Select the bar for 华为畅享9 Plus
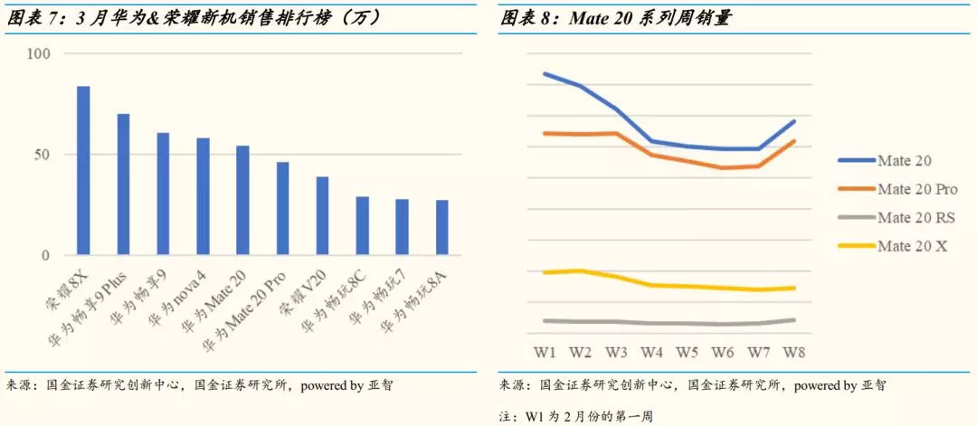point(123,185)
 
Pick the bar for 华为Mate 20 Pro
point(283,209)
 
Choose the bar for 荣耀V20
point(323,216)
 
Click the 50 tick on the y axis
point(42,155)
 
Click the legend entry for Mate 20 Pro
point(916,189)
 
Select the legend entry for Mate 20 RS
point(915,217)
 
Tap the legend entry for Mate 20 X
point(912,245)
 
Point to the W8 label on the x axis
point(793,351)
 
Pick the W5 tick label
point(687,351)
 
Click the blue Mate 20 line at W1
point(545,73)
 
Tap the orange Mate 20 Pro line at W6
point(722,167)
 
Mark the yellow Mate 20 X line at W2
point(580,270)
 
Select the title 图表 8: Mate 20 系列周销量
point(615,17)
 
